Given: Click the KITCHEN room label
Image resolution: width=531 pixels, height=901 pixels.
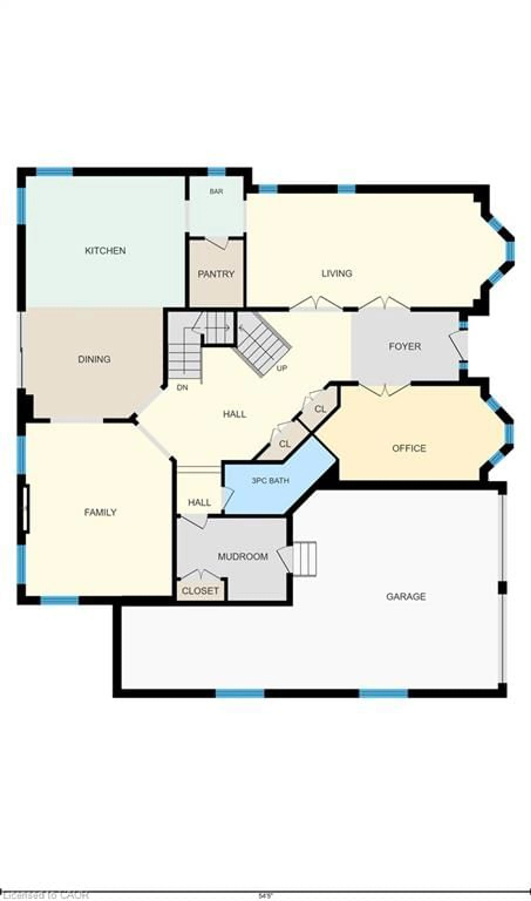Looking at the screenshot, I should [105, 251].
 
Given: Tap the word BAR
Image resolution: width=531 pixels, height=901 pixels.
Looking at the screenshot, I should [216, 192].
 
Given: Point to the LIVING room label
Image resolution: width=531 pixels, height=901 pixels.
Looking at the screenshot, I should [337, 274].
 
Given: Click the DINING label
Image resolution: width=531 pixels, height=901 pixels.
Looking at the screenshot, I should [94, 359].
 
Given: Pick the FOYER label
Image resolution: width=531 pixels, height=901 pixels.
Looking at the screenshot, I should [405, 347].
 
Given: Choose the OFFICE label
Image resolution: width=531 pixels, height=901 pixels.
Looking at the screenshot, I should [409, 448].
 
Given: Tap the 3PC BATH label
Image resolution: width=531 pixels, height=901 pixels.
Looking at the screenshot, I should [270, 481].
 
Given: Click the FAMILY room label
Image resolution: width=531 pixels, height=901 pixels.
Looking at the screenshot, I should [100, 513].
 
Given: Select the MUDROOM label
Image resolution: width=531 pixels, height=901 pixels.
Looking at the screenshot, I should [243, 557].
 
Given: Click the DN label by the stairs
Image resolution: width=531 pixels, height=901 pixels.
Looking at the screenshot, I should [182, 388].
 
